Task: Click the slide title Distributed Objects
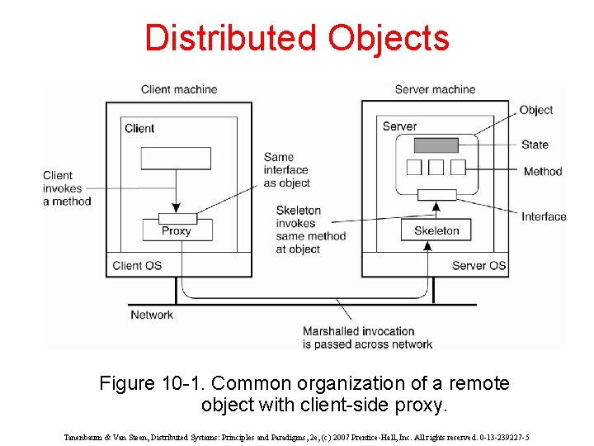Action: tap(297, 39)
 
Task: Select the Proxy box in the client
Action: tap(176, 230)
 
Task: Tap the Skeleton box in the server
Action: tap(436, 230)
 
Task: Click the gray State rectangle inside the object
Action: tap(436, 145)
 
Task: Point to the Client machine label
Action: tap(179, 89)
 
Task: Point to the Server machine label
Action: tap(435, 89)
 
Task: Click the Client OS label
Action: tap(137, 265)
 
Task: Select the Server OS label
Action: tap(479, 265)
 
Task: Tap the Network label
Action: tap(152, 315)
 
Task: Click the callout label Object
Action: tap(536, 110)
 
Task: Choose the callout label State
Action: tap(535, 145)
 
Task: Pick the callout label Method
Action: tap(542, 172)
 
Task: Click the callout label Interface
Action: tap(544, 216)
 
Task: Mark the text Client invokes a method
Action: tap(67, 188)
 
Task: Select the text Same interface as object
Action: tap(287, 170)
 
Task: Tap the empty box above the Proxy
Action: tap(176, 158)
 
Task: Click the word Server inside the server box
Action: tap(399, 126)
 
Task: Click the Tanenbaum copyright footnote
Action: tap(297, 437)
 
